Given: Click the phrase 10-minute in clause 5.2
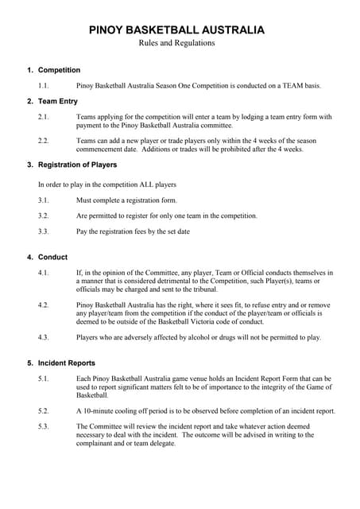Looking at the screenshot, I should (x=99, y=411).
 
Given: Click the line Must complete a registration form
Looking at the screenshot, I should (x=126, y=200).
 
